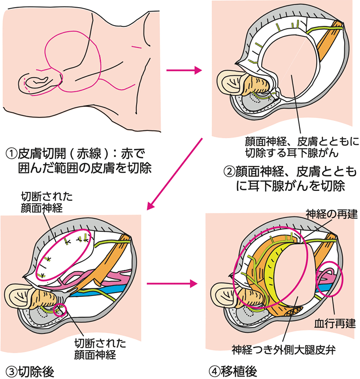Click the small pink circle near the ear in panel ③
pyautogui.click(x=60, y=309)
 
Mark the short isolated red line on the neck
pyautogui.click(x=137, y=47)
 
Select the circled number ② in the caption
pyautogui.click(x=229, y=171)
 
